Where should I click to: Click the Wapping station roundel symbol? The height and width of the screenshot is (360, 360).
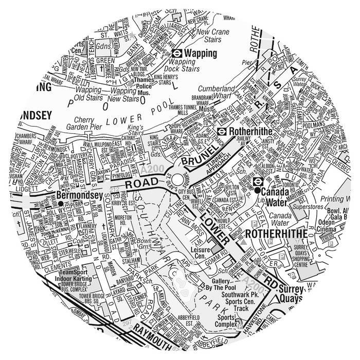coord(176,52)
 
